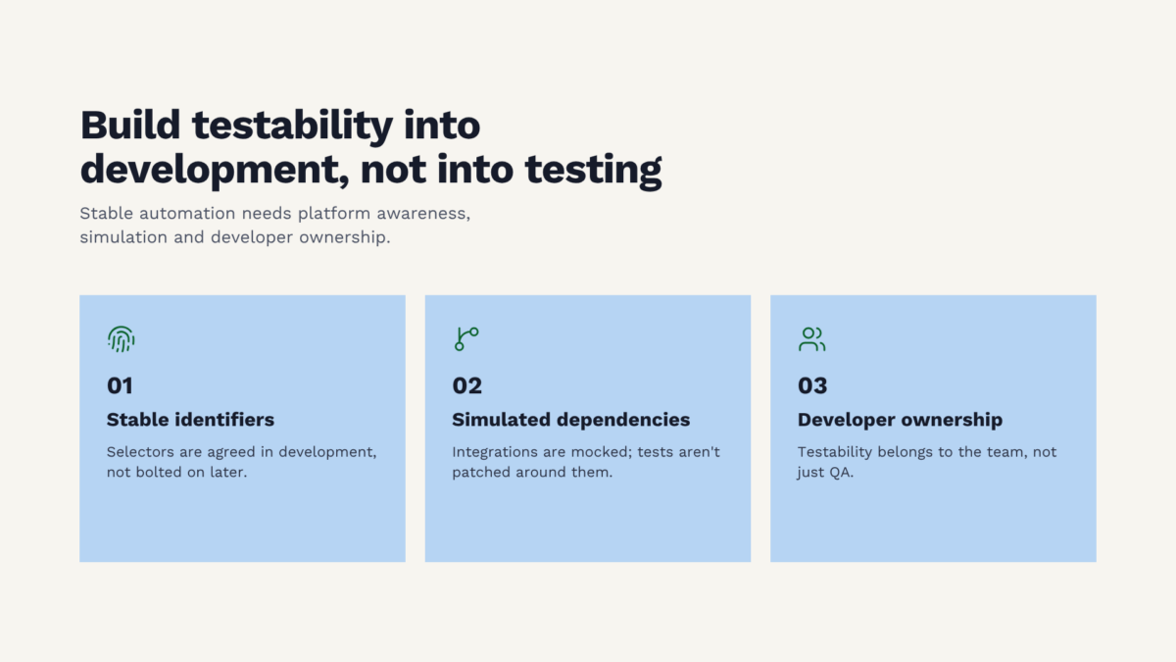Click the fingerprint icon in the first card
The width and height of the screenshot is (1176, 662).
click(121, 339)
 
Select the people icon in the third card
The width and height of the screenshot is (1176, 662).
click(811, 339)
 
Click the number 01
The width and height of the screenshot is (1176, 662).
click(120, 385)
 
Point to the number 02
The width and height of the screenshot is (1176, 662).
click(466, 385)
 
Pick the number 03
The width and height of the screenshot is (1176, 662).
click(812, 385)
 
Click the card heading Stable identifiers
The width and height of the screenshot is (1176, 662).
click(190, 420)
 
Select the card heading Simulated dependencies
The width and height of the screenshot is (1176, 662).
click(570, 420)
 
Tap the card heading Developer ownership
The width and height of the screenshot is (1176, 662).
click(900, 420)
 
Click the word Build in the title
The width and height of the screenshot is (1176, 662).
click(129, 126)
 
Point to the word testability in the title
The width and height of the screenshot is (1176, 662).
click(292, 127)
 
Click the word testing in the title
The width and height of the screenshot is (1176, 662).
click(593, 171)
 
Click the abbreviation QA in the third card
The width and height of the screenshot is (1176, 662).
click(841, 473)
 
